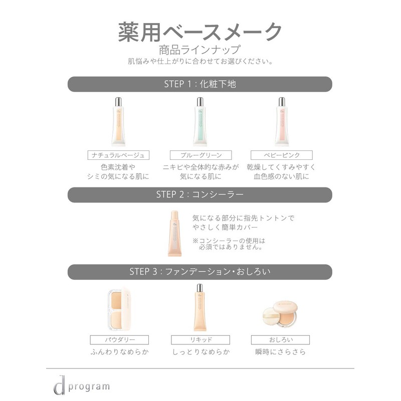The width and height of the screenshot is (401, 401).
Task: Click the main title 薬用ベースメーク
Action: point(200,31)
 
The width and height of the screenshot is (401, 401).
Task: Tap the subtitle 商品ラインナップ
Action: point(200,50)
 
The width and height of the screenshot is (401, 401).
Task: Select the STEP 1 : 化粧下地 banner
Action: point(200,84)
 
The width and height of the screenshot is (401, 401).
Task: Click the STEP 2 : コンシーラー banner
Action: point(200,194)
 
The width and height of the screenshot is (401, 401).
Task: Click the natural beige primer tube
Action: point(118,121)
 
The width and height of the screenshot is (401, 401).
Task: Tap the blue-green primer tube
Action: point(200,121)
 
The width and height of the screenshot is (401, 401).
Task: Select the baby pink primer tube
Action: point(281,121)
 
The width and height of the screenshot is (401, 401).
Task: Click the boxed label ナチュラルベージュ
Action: point(118,155)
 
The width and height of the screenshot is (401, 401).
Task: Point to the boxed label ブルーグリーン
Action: point(200,155)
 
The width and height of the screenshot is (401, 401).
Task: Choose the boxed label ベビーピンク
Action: point(281,155)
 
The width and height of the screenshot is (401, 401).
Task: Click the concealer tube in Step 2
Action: point(176,233)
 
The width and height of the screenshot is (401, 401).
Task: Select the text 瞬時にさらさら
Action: point(280,352)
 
